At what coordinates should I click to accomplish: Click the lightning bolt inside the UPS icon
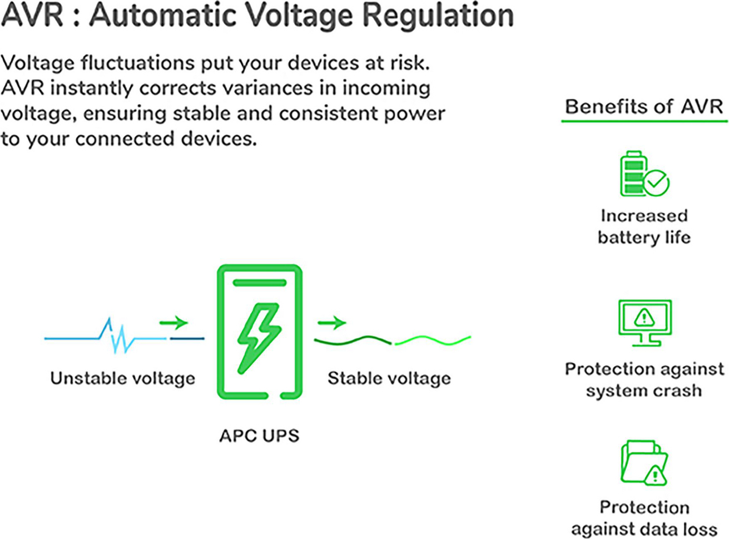coord(259,336)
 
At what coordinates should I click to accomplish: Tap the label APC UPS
coord(259,436)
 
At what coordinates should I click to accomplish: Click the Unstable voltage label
coord(122,378)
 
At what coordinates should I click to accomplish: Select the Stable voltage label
coord(389,378)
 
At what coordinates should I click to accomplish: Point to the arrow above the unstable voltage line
coord(173,322)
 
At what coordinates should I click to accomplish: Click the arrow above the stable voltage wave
coord(332,322)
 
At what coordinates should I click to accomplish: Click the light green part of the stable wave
coord(433,340)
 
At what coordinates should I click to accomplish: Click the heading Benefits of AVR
coord(644,106)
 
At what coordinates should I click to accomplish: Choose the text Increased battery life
coord(644,226)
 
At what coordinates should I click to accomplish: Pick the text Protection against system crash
coord(644,379)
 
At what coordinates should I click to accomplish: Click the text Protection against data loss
coord(644,518)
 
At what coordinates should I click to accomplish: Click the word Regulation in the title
coord(438,15)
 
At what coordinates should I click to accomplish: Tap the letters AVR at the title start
coord(32,15)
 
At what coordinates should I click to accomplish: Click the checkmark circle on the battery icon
coord(657,182)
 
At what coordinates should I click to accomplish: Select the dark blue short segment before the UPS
coord(187,338)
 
